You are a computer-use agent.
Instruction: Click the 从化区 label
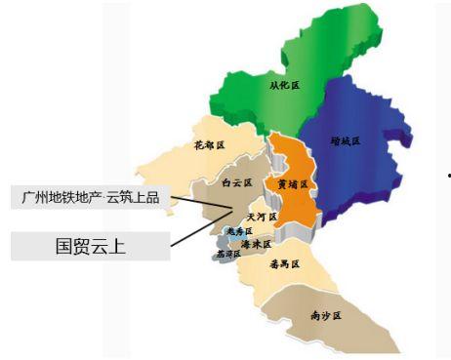(x=284, y=85)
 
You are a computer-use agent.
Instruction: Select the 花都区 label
(x=209, y=145)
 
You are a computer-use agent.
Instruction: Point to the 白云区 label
(x=236, y=182)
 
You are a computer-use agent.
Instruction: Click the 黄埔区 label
(x=292, y=184)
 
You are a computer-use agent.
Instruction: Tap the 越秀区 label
(x=239, y=231)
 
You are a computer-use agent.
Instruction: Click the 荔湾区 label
(x=227, y=254)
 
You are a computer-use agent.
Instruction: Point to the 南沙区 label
(x=324, y=315)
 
